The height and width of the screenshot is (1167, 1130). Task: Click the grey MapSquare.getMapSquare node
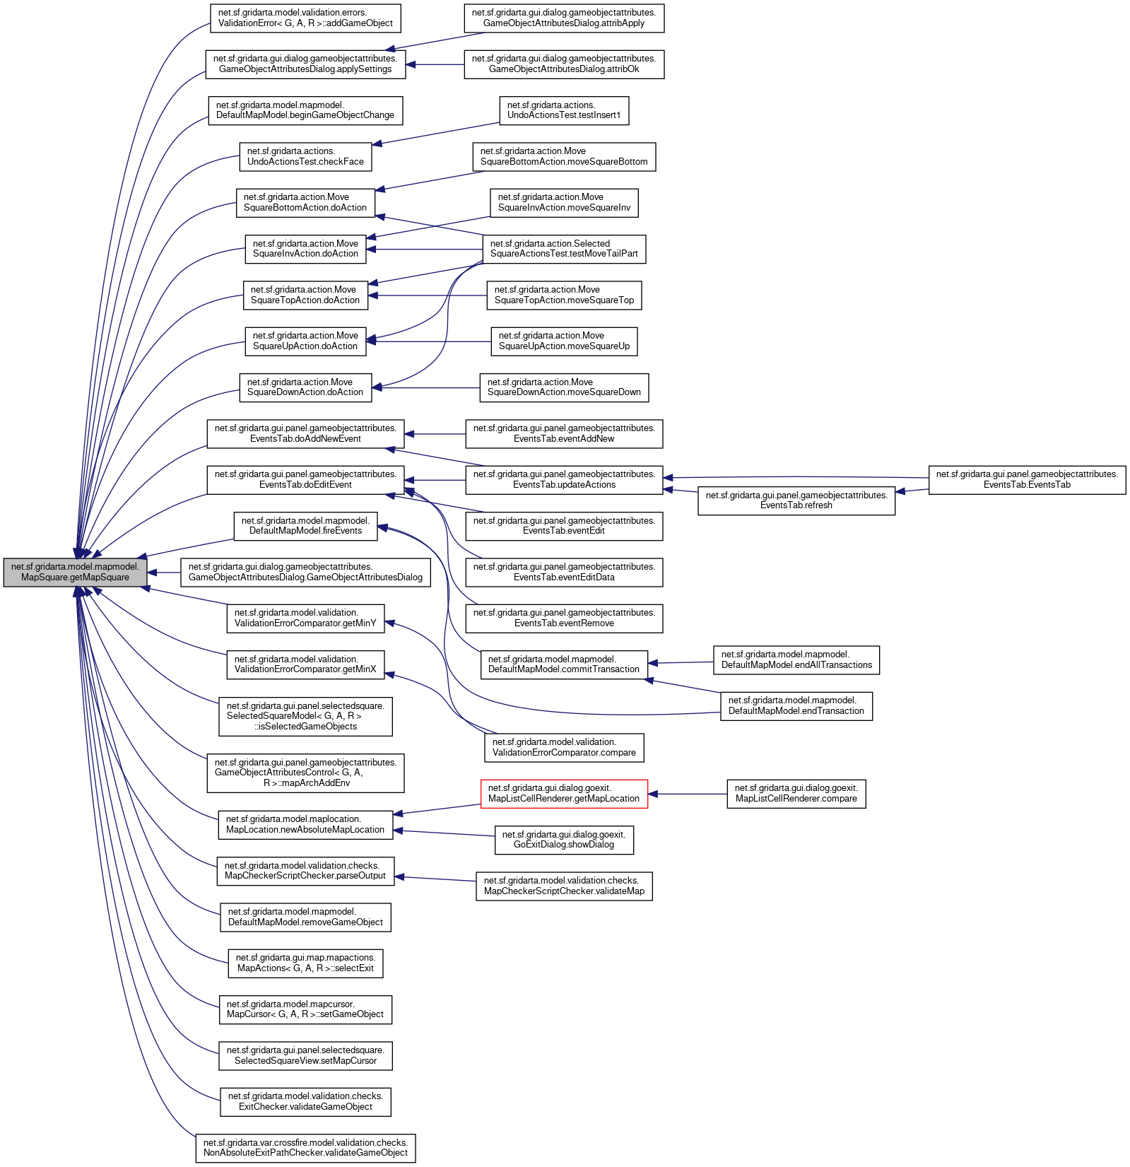coord(75,572)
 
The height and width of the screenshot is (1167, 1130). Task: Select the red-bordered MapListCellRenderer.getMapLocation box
coord(564,794)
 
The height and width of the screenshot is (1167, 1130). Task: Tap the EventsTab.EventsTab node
coord(1027,480)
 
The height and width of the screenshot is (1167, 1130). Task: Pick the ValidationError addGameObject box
coord(305,18)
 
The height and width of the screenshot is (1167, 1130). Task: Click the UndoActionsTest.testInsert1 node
coord(563,110)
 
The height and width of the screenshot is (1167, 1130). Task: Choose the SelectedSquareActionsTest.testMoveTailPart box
coord(564,249)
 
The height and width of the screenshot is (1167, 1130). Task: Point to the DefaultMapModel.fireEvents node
coord(305,526)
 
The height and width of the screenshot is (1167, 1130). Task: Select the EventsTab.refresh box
coord(796,500)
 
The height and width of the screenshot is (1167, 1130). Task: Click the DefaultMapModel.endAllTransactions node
coord(796,660)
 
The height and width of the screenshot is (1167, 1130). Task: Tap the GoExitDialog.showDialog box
coord(563,840)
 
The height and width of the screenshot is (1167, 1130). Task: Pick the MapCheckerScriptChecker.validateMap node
coord(564,886)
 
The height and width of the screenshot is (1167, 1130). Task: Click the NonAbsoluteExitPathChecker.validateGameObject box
coord(305,1148)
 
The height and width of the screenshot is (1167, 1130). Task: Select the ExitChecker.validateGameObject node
coord(305,1102)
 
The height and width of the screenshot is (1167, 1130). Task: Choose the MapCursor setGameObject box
coord(305,1009)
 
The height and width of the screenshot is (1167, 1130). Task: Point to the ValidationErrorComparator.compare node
coord(564,748)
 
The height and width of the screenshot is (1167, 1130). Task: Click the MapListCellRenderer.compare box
coord(796,794)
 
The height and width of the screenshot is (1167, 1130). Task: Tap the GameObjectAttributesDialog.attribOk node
coord(564,64)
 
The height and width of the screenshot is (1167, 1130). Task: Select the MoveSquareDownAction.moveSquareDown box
coord(564,387)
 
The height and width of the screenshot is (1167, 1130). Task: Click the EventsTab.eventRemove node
coord(564,618)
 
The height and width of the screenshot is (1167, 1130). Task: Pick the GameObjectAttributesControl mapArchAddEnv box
coord(305,773)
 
